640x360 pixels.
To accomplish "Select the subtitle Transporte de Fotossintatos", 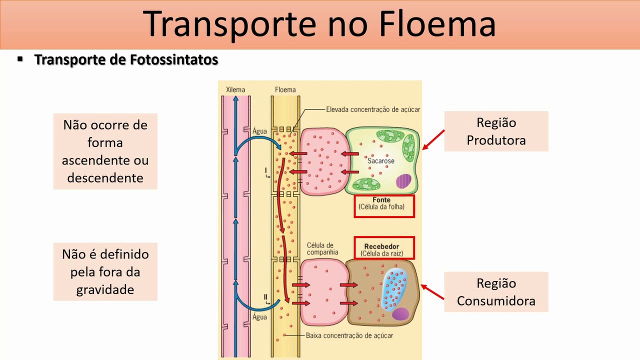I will tap(126, 60).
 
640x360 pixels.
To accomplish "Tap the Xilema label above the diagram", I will tap(235, 90).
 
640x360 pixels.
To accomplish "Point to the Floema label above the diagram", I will tap(285, 90).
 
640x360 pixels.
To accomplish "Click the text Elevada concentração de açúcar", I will tap(373, 109).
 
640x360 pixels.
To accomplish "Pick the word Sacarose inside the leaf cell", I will tap(381, 161).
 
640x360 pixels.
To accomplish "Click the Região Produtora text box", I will tap(496, 131).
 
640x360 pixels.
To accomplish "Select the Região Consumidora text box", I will tap(496, 292).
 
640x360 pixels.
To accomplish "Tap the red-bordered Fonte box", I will tap(384, 206).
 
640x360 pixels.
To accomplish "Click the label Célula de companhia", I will tap(320, 248).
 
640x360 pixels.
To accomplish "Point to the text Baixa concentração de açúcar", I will tap(349, 335).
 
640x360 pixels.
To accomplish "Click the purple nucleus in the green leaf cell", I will tap(403, 181).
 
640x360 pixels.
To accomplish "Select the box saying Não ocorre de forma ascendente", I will tap(105, 151).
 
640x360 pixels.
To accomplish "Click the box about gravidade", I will tap(105, 271).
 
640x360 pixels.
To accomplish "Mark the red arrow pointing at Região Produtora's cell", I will tap(433, 139).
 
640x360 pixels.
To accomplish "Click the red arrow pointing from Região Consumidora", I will tap(432, 292).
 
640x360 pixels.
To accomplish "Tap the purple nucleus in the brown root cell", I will tap(400, 314).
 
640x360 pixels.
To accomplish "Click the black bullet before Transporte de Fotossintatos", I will tap(20, 59).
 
